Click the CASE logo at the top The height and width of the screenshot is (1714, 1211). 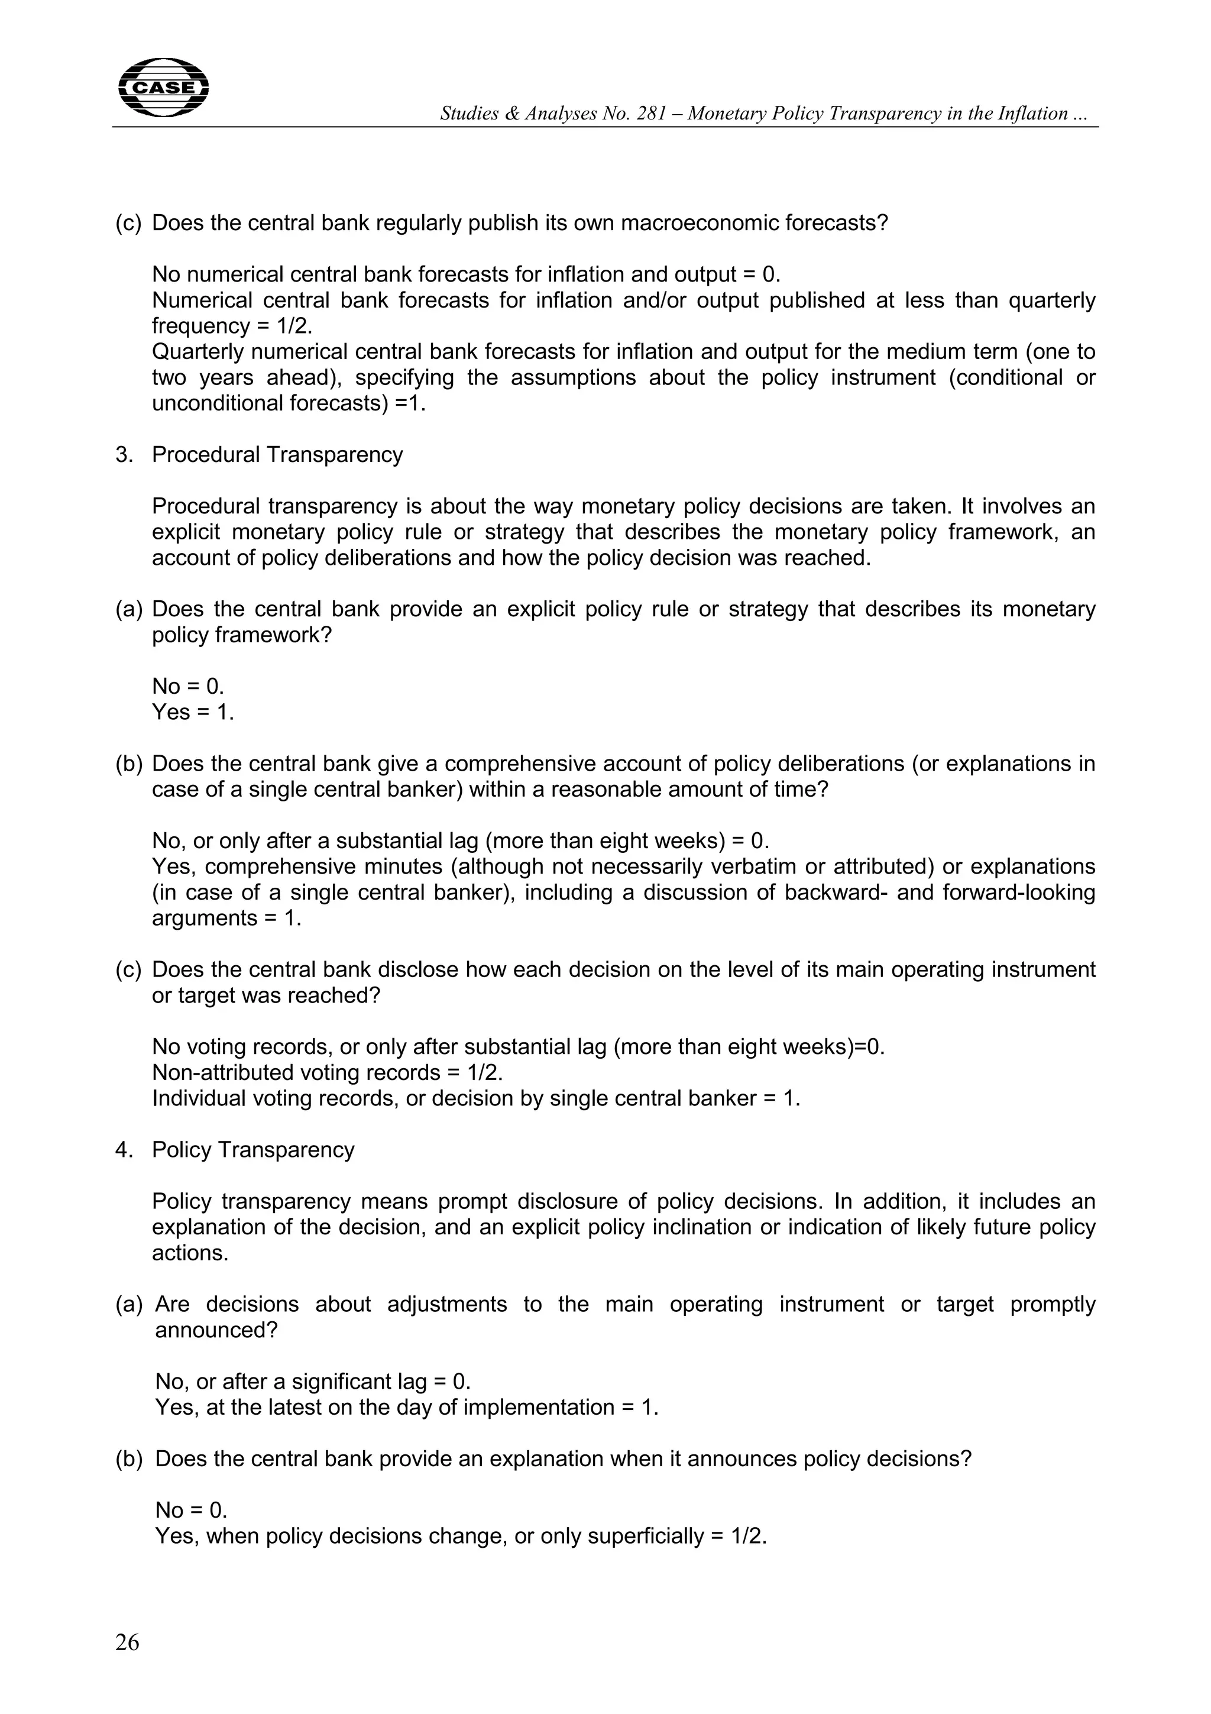163,88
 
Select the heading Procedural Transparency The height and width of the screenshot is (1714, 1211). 277,455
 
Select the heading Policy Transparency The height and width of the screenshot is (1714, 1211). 253,1150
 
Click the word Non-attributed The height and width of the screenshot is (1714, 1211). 222,1073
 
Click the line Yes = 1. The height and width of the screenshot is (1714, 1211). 193,712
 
